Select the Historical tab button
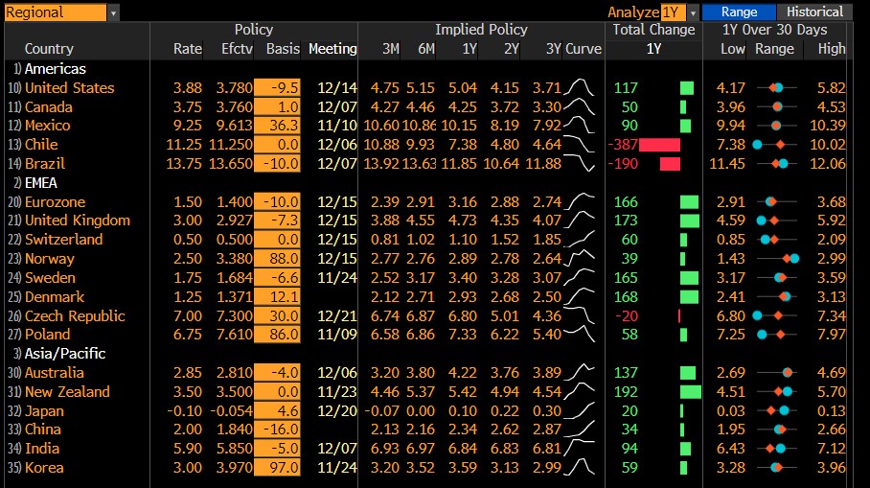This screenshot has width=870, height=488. point(814,12)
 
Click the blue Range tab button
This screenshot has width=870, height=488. point(739,12)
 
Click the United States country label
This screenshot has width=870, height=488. point(69,88)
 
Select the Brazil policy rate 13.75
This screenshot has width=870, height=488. point(187,164)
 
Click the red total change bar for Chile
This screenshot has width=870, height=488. point(659,145)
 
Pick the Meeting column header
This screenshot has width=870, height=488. point(333,49)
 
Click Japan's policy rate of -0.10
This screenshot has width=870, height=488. point(187,410)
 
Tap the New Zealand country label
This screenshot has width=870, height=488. point(67,391)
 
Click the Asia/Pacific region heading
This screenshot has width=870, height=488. point(65,353)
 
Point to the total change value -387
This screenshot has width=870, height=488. point(624,145)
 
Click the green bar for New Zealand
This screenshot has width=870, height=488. point(690,391)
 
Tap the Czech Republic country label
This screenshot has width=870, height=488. point(75,315)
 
